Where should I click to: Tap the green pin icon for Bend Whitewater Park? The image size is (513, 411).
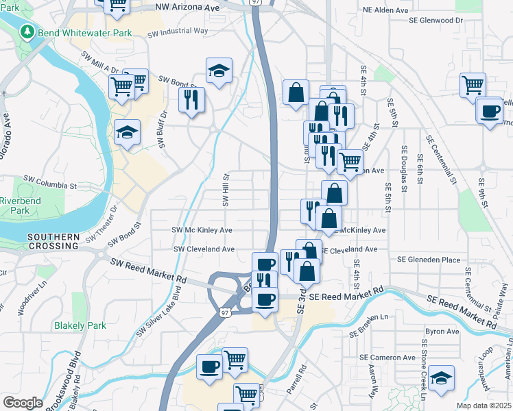pos(27,32)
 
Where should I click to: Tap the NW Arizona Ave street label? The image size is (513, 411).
pos(187,5)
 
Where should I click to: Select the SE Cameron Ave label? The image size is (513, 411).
pos(388,358)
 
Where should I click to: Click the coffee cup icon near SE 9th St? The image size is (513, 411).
pos(490,111)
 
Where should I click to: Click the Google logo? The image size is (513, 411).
pos(23,402)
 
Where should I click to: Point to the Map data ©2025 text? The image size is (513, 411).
pos(483,406)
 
